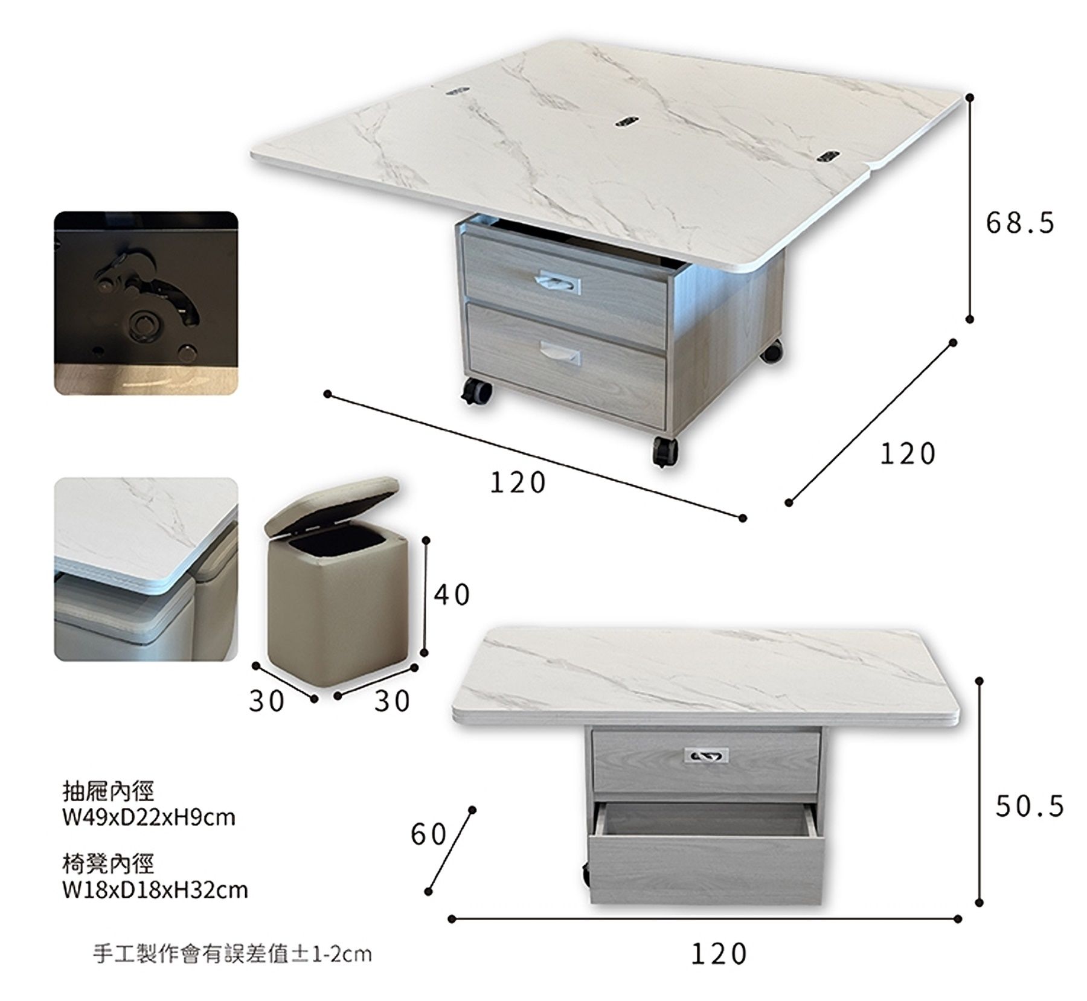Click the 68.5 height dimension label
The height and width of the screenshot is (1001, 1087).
pyautogui.click(x=1020, y=223)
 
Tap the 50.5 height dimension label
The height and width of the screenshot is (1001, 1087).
pyautogui.click(x=1030, y=807)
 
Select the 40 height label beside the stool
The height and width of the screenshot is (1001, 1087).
pyautogui.click(x=452, y=595)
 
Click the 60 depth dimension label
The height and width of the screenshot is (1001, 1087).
pyautogui.click(x=429, y=835)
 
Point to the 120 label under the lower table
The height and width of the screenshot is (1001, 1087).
pyautogui.click(x=719, y=955)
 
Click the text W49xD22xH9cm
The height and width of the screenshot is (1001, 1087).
pyautogui.click(x=149, y=817)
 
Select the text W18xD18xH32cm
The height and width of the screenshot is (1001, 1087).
pyautogui.click(x=155, y=890)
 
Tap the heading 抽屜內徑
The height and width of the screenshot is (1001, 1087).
pyautogui.click(x=109, y=790)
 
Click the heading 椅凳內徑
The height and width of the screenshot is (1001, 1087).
pyautogui.click(x=109, y=863)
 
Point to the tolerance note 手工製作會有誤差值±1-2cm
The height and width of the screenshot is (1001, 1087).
pyautogui.click(x=232, y=954)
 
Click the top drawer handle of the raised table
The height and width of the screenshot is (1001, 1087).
pyautogui.click(x=557, y=282)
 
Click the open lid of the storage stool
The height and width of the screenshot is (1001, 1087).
pyautogui.click(x=332, y=504)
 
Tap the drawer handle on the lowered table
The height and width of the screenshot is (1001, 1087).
pyautogui.click(x=706, y=755)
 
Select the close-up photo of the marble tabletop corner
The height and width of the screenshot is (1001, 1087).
pyautogui.click(x=146, y=569)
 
